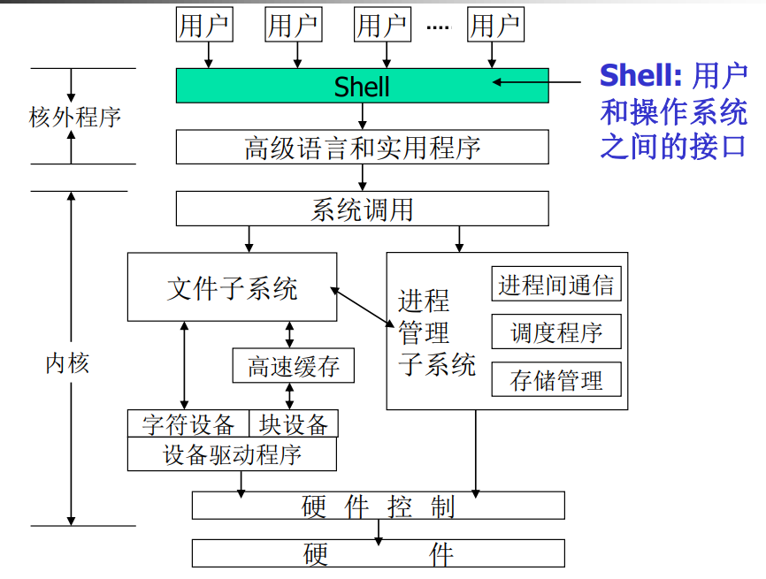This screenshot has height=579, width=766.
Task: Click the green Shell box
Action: click(362, 86)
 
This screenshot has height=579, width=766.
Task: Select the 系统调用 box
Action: click(362, 209)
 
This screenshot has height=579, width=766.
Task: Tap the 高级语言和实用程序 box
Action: click(362, 147)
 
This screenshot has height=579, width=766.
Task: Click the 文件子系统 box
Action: click(232, 287)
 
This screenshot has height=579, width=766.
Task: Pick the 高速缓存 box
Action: click(293, 365)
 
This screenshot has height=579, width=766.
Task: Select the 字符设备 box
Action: click(188, 424)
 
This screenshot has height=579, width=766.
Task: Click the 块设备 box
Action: click(294, 424)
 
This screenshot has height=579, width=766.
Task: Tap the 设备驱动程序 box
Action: click(232, 454)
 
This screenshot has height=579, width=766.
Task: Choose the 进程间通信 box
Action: click(556, 284)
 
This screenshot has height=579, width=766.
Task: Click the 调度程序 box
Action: click(556, 332)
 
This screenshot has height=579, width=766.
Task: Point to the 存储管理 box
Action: click(556, 380)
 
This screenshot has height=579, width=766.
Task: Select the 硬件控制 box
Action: click(378, 506)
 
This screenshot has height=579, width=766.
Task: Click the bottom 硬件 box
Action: click(378, 553)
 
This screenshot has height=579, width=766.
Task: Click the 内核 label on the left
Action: click(67, 362)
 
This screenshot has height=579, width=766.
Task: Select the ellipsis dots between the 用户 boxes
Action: click(438, 27)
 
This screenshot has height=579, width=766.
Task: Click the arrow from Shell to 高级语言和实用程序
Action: click(363, 117)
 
